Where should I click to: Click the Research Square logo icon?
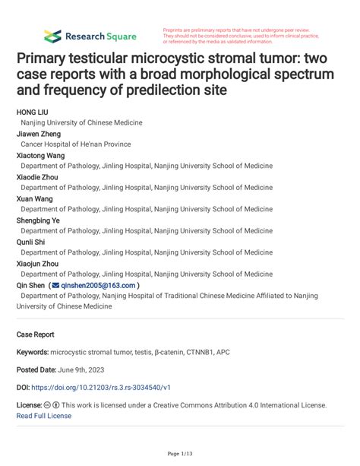(x=52, y=36)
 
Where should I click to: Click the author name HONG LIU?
(x=33, y=111)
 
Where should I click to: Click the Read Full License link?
(x=44, y=415)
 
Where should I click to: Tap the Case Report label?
(x=36, y=334)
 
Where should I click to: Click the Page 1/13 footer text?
(x=180, y=455)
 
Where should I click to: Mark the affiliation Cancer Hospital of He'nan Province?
(x=75, y=144)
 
